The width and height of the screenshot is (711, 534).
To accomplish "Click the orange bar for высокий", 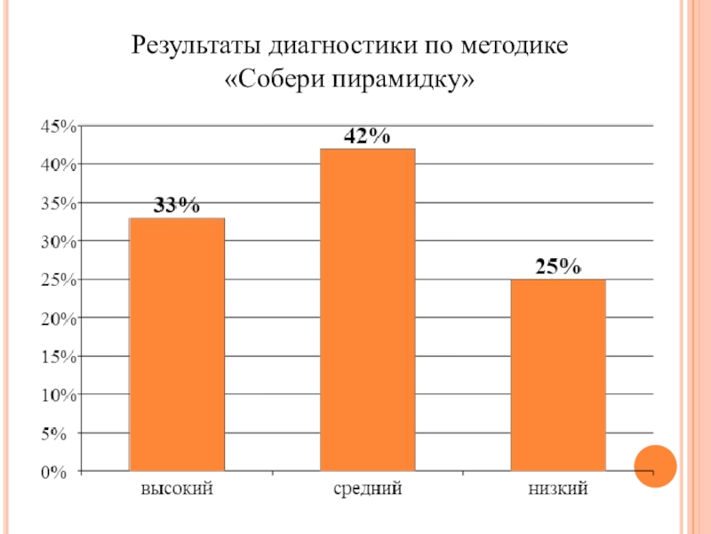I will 177,344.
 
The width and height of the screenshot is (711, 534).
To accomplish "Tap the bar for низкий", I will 558,375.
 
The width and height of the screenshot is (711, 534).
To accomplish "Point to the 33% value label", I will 177,206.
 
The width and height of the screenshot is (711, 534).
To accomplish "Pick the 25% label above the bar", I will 558,267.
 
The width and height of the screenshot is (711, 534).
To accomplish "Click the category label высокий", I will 177,489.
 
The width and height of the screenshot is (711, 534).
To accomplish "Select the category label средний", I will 368,489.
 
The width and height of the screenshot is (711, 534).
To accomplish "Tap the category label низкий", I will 558,489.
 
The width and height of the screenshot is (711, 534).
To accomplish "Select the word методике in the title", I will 515,45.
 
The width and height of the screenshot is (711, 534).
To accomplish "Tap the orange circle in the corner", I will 656,465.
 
